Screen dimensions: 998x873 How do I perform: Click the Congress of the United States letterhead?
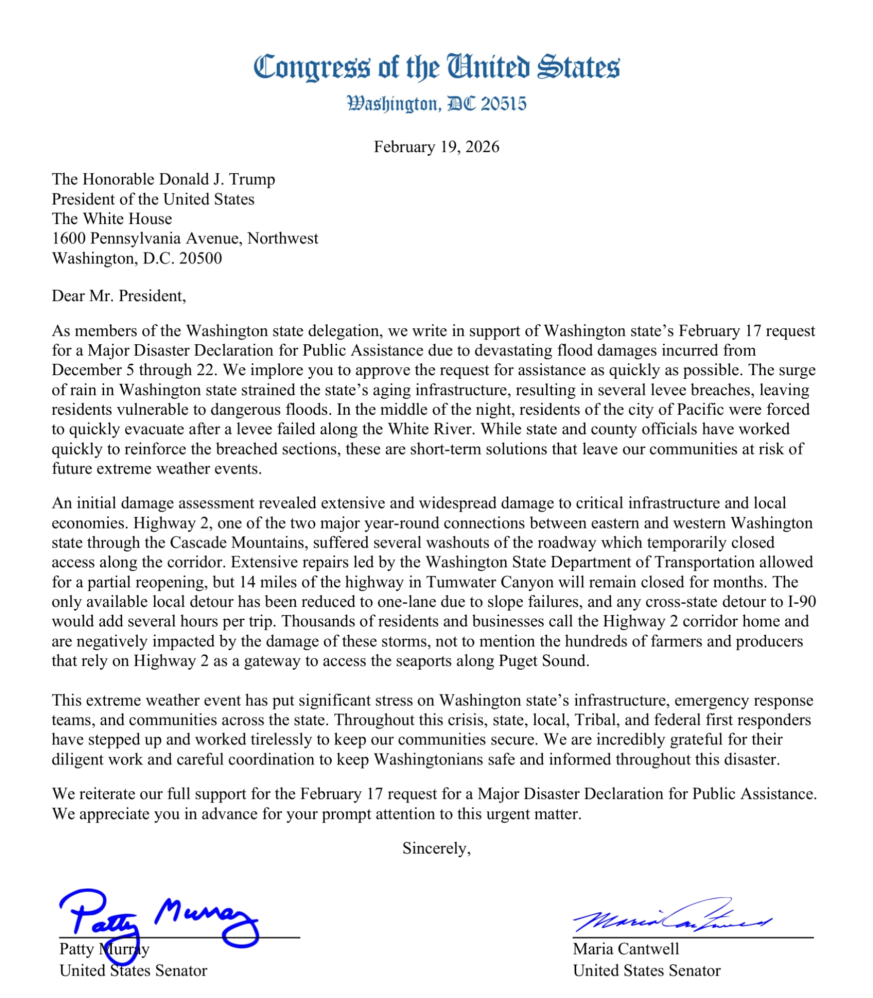(x=436, y=67)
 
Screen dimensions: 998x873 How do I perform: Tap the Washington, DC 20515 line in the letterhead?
(x=436, y=104)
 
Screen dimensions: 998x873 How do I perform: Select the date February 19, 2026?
(x=436, y=147)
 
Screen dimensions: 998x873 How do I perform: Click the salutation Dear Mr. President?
(x=119, y=296)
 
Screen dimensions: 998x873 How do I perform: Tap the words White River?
(x=430, y=429)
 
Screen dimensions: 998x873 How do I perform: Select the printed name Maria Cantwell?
(x=626, y=949)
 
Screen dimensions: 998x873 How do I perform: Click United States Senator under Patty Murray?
(x=133, y=971)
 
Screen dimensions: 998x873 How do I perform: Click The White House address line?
(x=112, y=219)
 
